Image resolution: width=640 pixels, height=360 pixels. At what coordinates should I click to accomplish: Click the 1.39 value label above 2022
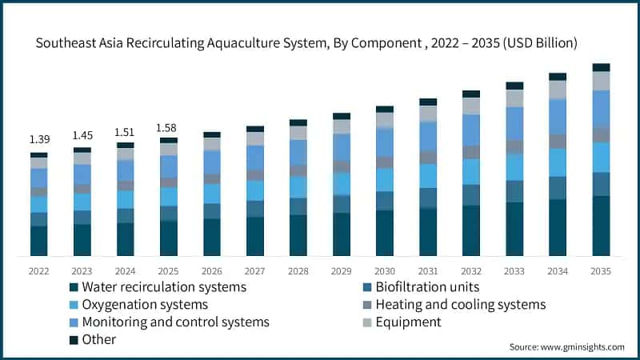coord(38,140)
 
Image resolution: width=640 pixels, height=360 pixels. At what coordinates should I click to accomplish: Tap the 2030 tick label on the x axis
coord(385,271)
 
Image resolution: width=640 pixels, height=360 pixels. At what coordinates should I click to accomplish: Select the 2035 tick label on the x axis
coord(601,271)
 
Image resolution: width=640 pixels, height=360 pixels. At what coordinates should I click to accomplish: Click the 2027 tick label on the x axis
coord(255,271)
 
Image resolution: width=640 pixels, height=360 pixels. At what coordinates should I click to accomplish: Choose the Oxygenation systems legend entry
coord(145,304)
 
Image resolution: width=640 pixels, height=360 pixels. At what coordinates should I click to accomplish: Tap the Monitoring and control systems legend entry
coord(175,322)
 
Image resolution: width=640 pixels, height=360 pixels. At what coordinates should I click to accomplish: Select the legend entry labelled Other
coord(98,339)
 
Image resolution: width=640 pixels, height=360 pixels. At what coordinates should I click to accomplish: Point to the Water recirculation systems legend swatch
coord(74,286)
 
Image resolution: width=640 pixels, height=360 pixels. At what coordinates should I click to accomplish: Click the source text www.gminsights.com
coord(582,346)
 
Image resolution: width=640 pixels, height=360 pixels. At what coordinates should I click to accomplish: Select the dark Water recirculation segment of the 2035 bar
coord(601,226)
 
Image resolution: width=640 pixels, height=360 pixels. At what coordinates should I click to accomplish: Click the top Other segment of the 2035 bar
coord(601,67)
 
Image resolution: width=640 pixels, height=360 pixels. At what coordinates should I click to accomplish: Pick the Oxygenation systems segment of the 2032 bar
coord(471,171)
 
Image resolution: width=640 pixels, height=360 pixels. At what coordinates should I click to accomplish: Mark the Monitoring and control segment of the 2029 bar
coord(342,147)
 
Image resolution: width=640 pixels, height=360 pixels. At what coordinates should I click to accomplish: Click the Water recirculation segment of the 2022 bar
coord(38,241)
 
